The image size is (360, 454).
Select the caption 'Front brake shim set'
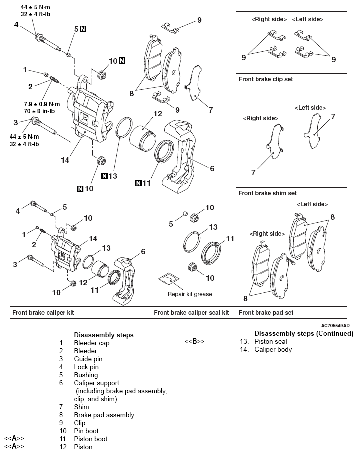pyautogui.click(x=267, y=193)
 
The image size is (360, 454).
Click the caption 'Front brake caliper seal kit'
pyautogui.click(x=191, y=313)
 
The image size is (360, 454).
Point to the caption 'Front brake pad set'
pyautogui.click(x=266, y=313)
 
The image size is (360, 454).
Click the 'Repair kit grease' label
pyautogui.click(x=189, y=294)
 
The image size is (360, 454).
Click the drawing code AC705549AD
pyautogui.click(x=332, y=325)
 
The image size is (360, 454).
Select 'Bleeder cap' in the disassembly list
pyautogui.click(x=92, y=343)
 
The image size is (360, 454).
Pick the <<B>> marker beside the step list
pyautogui.click(x=194, y=341)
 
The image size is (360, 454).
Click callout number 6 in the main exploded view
pyautogui.click(x=212, y=169)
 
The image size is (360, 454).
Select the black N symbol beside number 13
pyautogui.click(x=104, y=176)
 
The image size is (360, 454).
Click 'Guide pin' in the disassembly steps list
pyautogui.click(x=86, y=359)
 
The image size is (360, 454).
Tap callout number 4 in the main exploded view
pyautogui.click(x=16, y=24)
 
